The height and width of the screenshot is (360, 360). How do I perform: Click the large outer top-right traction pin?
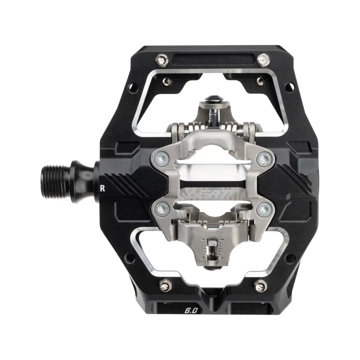(263, 59)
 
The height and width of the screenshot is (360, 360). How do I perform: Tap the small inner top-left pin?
(167, 81)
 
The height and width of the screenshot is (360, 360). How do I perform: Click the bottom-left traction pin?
(164, 285)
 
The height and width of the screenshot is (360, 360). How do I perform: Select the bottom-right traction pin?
(260, 285)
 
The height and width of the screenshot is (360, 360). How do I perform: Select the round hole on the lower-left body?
(130, 258)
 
